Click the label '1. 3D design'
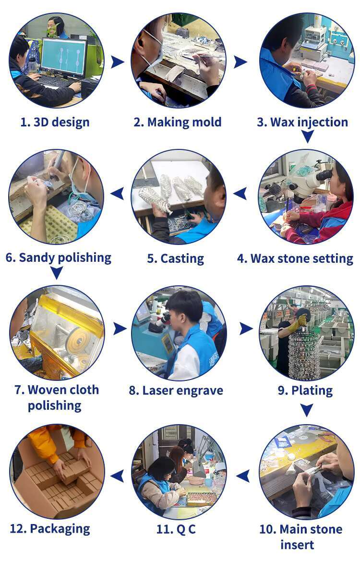point(55,122)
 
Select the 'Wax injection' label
point(309,122)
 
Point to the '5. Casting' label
point(176,258)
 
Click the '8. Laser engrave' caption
point(176,391)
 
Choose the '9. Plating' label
point(305,391)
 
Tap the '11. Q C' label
point(176,529)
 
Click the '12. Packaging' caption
point(50,529)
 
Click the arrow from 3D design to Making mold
point(117,61)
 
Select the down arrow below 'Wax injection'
point(307,136)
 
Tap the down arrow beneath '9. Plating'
point(306,410)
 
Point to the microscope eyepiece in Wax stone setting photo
point(324,175)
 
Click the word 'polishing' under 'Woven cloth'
point(54,406)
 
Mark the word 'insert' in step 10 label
point(297,545)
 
